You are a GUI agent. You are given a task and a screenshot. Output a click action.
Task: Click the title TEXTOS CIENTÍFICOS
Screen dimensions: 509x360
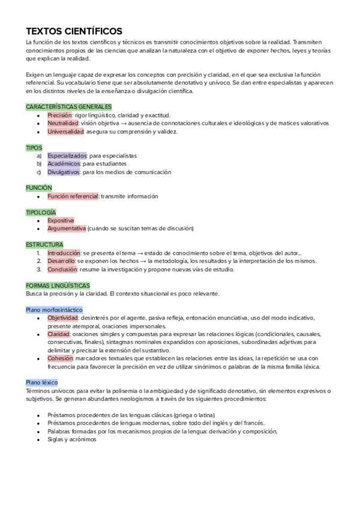point(74,31)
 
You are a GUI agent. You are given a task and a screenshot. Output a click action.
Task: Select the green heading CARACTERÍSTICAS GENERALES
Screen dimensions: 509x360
point(69,106)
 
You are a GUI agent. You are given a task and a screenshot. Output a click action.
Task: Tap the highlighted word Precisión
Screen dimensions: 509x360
point(60,115)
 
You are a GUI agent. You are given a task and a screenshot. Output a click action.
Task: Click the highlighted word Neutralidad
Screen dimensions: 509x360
point(63,123)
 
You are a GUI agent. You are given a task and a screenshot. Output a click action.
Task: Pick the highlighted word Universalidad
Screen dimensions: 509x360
point(66,131)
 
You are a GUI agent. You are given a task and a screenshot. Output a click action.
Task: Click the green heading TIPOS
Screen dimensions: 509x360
point(34,147)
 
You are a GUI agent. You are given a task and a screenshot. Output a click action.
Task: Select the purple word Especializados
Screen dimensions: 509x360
point(67,155)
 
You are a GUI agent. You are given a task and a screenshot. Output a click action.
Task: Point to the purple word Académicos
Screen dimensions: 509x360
point(64,163)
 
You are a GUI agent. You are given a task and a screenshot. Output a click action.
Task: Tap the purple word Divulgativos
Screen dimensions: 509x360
point(64,172)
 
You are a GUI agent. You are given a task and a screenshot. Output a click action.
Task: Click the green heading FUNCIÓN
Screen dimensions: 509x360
point(39,188)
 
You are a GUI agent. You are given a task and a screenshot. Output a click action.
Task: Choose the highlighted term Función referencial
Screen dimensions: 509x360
point(73,196)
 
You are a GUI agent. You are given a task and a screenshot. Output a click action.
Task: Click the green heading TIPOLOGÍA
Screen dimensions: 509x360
point(41,212)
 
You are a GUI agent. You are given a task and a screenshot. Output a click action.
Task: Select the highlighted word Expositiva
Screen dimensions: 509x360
point(61,220)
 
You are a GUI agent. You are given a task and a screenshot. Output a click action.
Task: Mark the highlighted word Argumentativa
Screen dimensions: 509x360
point(67,229)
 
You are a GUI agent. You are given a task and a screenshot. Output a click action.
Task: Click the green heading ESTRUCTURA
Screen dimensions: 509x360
point(44,245)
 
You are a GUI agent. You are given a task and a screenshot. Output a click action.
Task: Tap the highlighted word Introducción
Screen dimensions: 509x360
point(64,253)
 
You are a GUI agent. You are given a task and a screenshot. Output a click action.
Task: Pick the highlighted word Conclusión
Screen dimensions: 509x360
point(62,270)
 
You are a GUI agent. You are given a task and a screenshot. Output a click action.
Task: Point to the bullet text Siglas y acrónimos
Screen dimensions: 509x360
point(71,439)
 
